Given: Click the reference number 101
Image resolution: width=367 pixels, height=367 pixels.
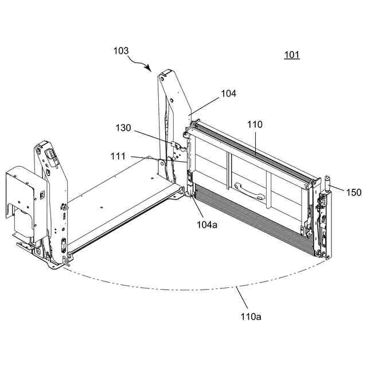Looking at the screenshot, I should tap(292, 55).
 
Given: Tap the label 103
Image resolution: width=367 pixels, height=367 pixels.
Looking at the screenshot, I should tap(121, 50).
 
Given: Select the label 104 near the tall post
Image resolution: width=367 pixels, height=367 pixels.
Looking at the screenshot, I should tap(228, 93).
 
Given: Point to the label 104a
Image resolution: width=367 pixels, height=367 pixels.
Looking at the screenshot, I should tap(206, 224).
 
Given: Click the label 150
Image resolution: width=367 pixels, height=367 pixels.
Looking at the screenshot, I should tap(354, 193).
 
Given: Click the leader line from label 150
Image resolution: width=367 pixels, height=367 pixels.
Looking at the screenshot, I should tap(338, 189).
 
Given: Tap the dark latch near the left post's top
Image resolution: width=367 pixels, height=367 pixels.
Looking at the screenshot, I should tap(50, 155).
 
